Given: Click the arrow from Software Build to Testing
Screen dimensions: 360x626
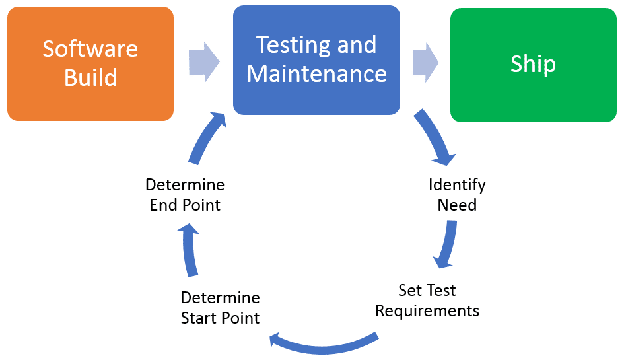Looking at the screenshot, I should click(203, 62).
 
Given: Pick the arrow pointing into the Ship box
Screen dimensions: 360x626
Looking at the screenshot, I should click(426, 62).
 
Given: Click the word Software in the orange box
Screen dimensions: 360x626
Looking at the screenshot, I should click(90, 49).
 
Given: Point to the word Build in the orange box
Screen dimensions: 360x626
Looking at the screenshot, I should click(90, 78).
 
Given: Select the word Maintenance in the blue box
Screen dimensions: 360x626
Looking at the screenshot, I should click(316, 73).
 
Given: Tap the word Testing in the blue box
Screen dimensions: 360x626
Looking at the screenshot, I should click(288, 45).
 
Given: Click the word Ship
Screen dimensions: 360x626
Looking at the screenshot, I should click(533, 64).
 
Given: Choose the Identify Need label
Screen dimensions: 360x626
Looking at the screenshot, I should click(457, 195).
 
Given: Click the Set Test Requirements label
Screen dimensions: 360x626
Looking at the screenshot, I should click(427, 301).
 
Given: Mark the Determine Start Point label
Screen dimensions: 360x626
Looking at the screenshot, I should click(220, 308).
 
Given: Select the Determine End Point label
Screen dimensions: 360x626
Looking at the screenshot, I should click(185, 195).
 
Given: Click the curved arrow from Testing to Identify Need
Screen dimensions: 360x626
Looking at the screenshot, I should click(436, 139).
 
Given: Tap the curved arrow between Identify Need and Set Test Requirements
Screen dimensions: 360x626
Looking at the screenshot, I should click(447, 244).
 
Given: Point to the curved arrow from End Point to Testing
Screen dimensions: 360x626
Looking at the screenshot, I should click(205, 139).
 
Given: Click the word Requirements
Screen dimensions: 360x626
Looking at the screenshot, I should click(427, 310).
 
